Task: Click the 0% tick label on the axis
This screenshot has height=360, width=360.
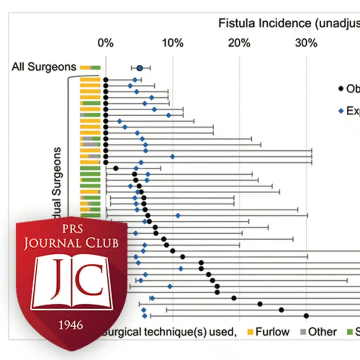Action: (x=105, y=43)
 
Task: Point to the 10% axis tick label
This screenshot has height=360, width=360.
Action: (x=172, y=43)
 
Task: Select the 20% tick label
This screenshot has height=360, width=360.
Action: (x=239, y=43)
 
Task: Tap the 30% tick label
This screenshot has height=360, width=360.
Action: (x=306, y=43)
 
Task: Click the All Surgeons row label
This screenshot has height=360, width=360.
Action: (x=44, y=67)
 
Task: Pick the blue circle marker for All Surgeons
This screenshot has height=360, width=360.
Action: (x=140, y=68)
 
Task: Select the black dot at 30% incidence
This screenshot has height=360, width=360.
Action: (x=306, y=316)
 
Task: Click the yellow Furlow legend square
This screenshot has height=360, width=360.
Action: (x=250, y=332)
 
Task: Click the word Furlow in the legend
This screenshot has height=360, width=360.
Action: (x=272, y=332)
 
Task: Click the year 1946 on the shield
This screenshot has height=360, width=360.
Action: (x=71, y=325)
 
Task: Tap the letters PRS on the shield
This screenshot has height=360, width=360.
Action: (x=71, y=230)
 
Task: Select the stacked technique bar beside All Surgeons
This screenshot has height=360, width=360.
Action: (x=90, y=68)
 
